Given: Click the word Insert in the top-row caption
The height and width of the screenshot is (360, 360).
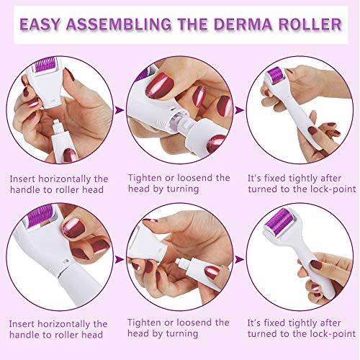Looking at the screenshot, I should coord(23,179).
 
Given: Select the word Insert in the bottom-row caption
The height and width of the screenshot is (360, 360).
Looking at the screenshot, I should coord(23,324).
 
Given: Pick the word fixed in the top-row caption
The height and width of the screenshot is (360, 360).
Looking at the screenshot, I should coord(276,178).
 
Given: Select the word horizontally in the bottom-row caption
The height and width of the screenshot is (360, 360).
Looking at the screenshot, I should coord(71,324).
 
